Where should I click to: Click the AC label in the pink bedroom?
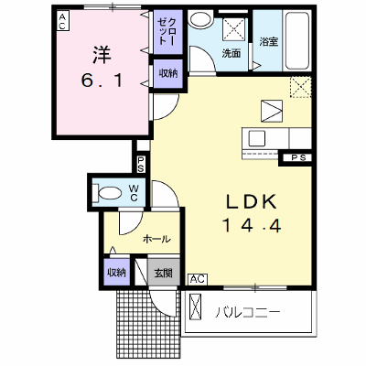(62, 21)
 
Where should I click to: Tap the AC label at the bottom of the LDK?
(198, 279)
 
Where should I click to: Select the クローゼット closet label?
(167, 32)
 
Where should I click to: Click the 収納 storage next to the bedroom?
(168, 73)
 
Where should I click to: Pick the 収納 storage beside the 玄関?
(116, 273)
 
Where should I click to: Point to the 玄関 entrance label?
(164, 273)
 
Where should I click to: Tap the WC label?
(134, 193)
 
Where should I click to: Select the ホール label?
(156, 239)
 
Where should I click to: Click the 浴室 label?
(269, 41)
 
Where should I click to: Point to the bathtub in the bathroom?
(296, 40)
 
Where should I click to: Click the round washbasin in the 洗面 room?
(200, 20)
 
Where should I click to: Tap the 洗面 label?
(231, 53)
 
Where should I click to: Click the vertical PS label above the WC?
(140, 164)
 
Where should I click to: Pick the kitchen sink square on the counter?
(257, 138)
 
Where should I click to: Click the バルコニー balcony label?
(248, 312)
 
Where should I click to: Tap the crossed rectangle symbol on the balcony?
(196, 307)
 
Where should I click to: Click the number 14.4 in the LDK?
(252, 226)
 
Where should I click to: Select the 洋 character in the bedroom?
(102, 55)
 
